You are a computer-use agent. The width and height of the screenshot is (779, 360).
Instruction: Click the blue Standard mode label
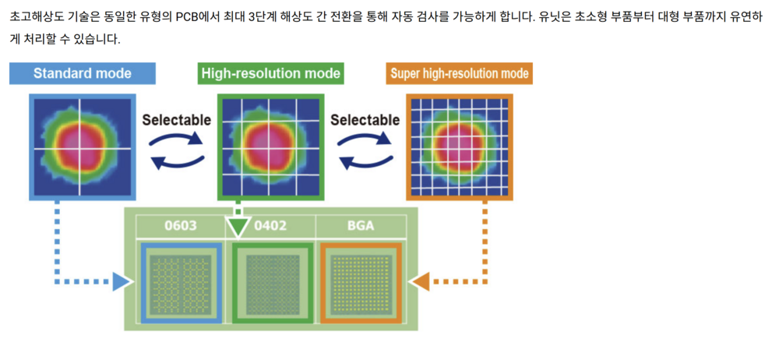coord(83,74)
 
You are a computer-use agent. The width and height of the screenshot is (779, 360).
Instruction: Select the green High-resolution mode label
coord(270,74)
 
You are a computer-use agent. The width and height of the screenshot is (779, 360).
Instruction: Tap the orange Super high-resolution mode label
coord(459,74)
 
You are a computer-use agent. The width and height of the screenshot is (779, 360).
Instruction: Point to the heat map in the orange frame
coord(460,146)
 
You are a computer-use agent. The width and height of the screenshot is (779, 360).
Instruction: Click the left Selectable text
coord(176,120)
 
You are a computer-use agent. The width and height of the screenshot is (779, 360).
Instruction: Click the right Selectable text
coord(365,120)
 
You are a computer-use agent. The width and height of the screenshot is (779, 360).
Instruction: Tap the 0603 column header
coord(180,226)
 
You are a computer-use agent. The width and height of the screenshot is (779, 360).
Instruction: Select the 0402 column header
coord(270,226)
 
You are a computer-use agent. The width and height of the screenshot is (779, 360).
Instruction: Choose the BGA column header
coord(360,226)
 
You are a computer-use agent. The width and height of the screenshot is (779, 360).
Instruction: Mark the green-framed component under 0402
coord(271,282)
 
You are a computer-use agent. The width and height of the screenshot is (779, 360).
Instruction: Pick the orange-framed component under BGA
coord(360,282)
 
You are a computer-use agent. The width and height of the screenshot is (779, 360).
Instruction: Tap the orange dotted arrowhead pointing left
coord(421,281)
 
